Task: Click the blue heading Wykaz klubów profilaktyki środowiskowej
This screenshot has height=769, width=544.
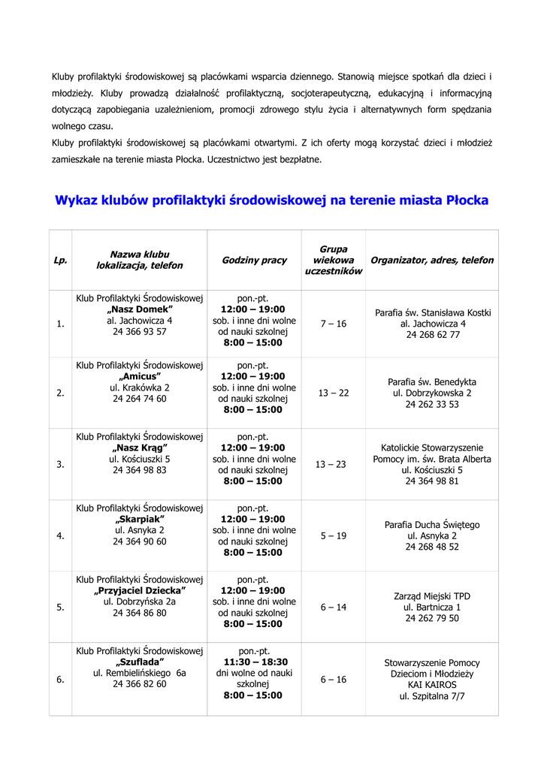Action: pos(272,201)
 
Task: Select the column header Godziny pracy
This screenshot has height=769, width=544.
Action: pos(254,260)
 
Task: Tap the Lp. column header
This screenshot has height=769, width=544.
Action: pos(60,260)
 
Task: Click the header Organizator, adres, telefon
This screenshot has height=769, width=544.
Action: pos(432,260)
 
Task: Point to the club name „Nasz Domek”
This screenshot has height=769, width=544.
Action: pos(140,309)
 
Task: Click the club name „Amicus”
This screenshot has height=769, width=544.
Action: pos(140,376)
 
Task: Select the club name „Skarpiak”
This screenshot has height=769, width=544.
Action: pos(140,519)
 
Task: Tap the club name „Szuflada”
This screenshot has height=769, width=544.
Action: pos(140,662)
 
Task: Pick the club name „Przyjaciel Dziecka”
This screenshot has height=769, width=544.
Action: pos(140,590)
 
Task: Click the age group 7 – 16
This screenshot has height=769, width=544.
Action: pos(334,323)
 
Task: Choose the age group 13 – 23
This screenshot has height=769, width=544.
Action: pos(331,464)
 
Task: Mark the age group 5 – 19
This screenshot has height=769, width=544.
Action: pos(334,535)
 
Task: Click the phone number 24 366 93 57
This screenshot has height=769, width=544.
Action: pos(140,331)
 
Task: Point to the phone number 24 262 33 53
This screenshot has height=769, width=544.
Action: pos(432,404)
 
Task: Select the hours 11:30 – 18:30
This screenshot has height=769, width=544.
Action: pos(254,662)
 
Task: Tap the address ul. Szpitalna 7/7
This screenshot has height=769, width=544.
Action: pos(432,696)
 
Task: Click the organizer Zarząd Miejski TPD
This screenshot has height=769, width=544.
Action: pos(432,596)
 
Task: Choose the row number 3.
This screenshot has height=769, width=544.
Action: pos(60,464)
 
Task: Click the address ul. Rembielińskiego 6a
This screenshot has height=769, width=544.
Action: pos(140,673)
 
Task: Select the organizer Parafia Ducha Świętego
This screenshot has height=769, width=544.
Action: pos(432,525)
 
